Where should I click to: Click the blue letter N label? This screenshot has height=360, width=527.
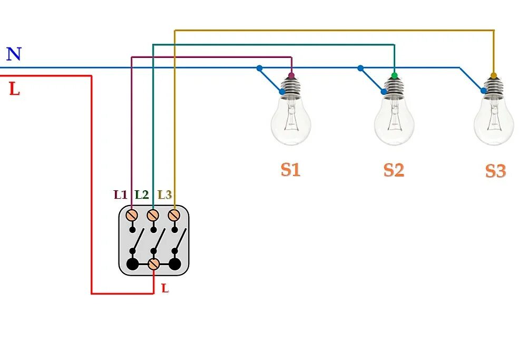coord(14,54)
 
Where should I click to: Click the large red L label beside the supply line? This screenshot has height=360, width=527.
coord(14,89)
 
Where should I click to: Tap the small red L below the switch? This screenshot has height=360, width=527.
coord(164,288)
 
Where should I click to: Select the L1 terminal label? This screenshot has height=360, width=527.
coord(120,194)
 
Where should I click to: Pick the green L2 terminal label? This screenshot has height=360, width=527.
coord(141,194)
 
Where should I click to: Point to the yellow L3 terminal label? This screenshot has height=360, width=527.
coord(164,194)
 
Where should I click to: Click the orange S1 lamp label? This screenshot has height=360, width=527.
coord(290,170)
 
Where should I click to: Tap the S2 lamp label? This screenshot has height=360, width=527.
coord(394,170)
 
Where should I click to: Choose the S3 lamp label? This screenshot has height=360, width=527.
coord(496,171)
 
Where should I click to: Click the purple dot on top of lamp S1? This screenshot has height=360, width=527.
coord(291,75)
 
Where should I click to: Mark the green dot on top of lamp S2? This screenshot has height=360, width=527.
coord(394,75)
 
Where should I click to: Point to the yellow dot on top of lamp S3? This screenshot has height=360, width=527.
coord(494,75)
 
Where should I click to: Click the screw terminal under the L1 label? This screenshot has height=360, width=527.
coord(132,215)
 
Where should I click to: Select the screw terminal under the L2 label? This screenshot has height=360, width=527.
coord(153,215)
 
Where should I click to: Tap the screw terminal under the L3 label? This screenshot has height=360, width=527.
coord(174,215)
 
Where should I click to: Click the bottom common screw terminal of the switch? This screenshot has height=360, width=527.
coord(153,264)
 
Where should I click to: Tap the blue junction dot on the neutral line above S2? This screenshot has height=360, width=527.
coord(360,68)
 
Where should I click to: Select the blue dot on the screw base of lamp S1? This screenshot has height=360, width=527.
coord(282,91)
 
